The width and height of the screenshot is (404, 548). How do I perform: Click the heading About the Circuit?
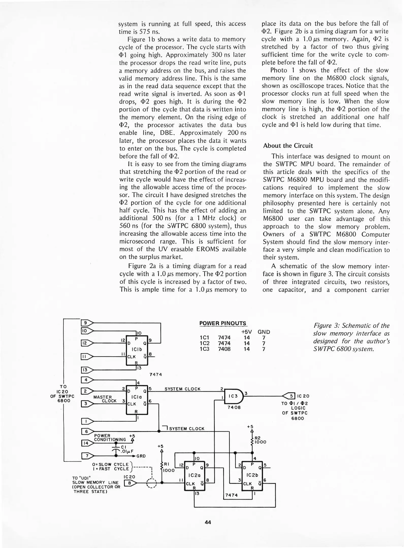click(288, 146)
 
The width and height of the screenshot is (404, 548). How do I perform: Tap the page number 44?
click(208, 522)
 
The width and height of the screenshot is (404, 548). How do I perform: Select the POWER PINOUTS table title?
click(223, 323)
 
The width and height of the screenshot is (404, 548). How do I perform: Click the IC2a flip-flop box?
click(195, 475)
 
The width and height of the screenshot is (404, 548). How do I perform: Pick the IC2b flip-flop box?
click(252, 475)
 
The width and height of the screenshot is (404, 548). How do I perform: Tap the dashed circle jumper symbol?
click(151, 483)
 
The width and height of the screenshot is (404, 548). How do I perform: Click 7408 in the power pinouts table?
click(224, 349)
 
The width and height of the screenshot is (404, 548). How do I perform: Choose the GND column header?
click(264, 332)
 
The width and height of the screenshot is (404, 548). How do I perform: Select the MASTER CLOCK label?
click(105, 399)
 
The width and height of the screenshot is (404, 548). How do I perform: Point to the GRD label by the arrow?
click(141, 456)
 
